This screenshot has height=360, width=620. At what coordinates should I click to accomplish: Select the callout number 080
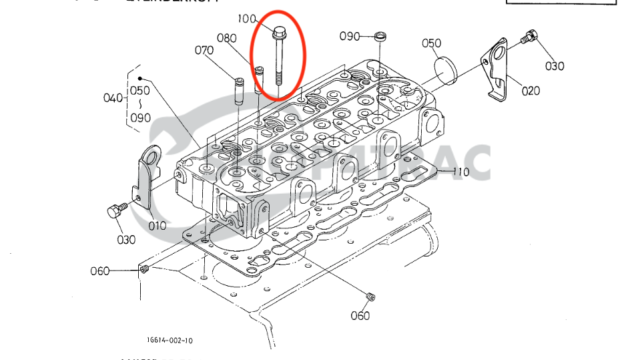coord(227,38)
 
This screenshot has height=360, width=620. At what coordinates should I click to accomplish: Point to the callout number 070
coord(204,50)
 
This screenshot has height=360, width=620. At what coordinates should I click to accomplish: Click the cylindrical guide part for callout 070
coord(239,92)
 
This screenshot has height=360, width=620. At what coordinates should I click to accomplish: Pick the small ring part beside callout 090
coord(381,35)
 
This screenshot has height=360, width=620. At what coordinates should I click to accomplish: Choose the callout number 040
coord(113,98)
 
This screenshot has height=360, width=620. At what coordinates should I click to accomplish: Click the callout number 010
coord(157,226)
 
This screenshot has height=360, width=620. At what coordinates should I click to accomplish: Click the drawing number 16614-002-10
coord(170,340)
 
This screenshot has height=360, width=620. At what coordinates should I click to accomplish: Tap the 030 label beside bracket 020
coord(555,66)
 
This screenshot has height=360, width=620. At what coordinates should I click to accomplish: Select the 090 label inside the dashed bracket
coord(140,118)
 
